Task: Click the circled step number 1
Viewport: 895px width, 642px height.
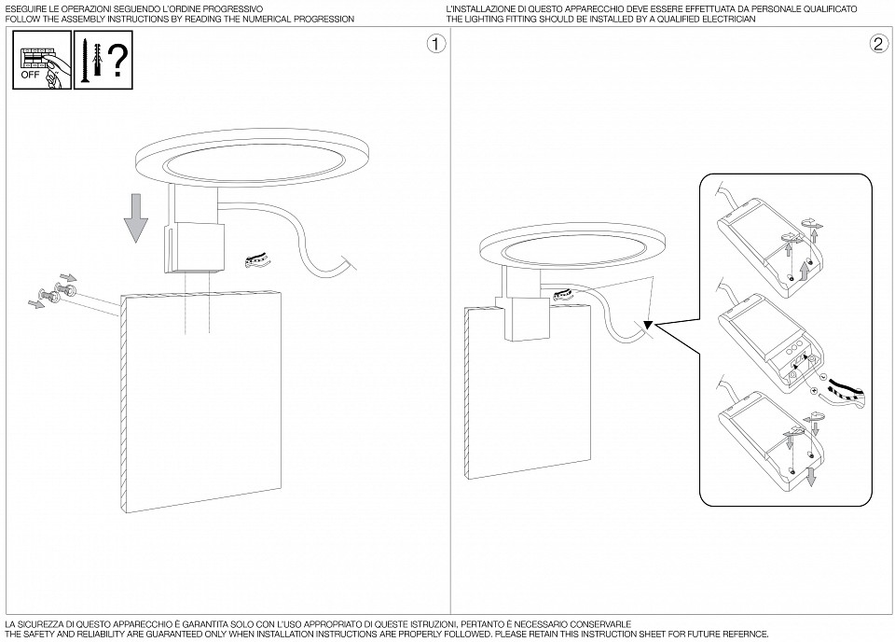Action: pos(434,44)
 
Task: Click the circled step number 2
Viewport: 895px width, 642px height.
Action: pos(877,44)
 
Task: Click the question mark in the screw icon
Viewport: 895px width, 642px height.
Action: pos(117,61)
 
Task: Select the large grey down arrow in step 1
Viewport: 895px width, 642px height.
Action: pos(137,216)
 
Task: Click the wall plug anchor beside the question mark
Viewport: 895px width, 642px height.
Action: pos(97,58)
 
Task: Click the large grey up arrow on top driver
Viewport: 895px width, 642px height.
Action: pos(805,272)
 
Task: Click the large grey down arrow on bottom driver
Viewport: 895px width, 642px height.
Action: pos(810,477)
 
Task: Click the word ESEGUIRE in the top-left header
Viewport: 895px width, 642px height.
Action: pos(24,7)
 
